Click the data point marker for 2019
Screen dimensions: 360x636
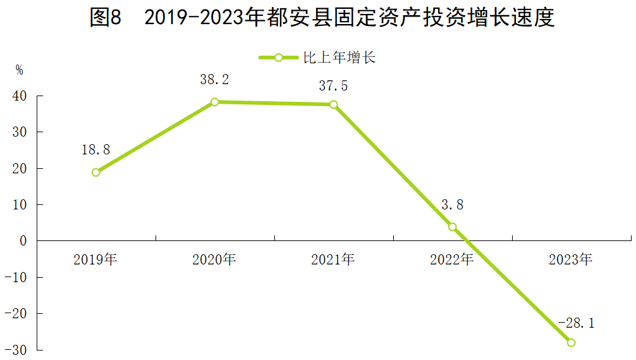point(95,172)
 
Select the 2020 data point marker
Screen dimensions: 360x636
point(215,102)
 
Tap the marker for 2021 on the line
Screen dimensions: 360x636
point(333,104)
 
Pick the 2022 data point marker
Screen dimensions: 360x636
point(452,227)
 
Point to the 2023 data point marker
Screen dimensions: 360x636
point(571,342)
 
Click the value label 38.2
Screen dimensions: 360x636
point(214,80)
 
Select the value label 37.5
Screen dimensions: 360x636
point(333,86)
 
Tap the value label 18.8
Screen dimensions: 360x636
point(95,150)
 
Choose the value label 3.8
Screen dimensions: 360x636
point(452,204)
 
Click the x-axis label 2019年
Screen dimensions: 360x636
point(95,259)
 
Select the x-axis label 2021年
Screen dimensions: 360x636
point(333,259)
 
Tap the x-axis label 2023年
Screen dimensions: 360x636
point(571,259)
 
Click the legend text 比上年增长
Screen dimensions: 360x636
point(340,58)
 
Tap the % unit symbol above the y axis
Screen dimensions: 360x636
point(20,70)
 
